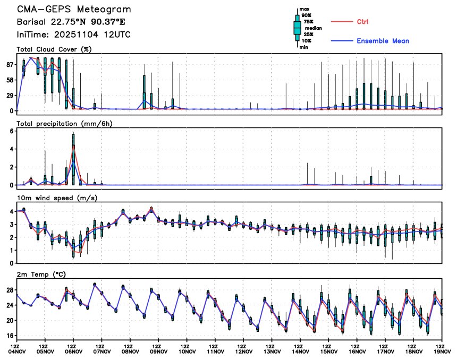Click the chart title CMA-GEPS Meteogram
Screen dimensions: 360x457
[74, 10]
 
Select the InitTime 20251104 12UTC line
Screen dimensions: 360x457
[74, 35]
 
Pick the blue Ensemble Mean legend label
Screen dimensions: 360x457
[383, 41]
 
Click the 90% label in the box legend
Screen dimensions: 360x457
[307, 15]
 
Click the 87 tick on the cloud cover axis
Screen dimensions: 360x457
[10, 65]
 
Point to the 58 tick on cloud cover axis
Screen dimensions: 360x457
[10, 80]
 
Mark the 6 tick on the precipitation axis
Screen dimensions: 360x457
[12, 131]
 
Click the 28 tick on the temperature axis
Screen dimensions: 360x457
[10, 290]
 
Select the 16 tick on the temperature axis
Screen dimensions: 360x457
[10, 336]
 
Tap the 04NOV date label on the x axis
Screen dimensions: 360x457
[16, 351]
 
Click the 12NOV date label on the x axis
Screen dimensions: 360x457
[244, 351]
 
